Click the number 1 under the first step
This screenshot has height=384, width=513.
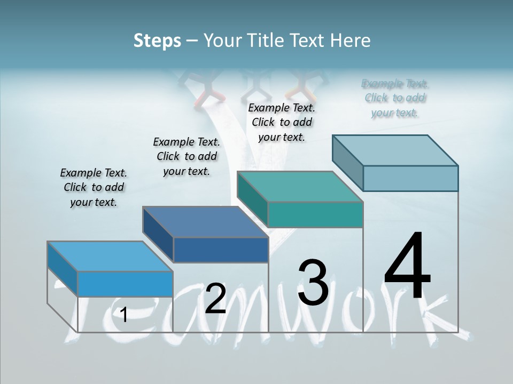click(x=124, y=315)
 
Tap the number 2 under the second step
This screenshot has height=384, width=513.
click(x=215, y=299)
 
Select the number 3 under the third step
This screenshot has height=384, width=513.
click(x=313, y=282)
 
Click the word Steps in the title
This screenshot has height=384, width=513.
click(x=157, y=40)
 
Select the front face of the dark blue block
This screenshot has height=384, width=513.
click(x=221, y=250)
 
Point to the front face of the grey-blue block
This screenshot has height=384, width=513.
click(x=410, y=178)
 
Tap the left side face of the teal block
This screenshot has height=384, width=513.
click(x=252, y=200)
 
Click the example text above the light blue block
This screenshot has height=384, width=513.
click(x=94, y=187)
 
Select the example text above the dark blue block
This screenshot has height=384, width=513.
click(x=186, y=156)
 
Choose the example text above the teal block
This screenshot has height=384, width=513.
click(x=282, y=122)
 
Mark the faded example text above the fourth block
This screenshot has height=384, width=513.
click(x=394, y=98)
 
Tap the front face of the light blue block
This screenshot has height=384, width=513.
click(x=126, y=284)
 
